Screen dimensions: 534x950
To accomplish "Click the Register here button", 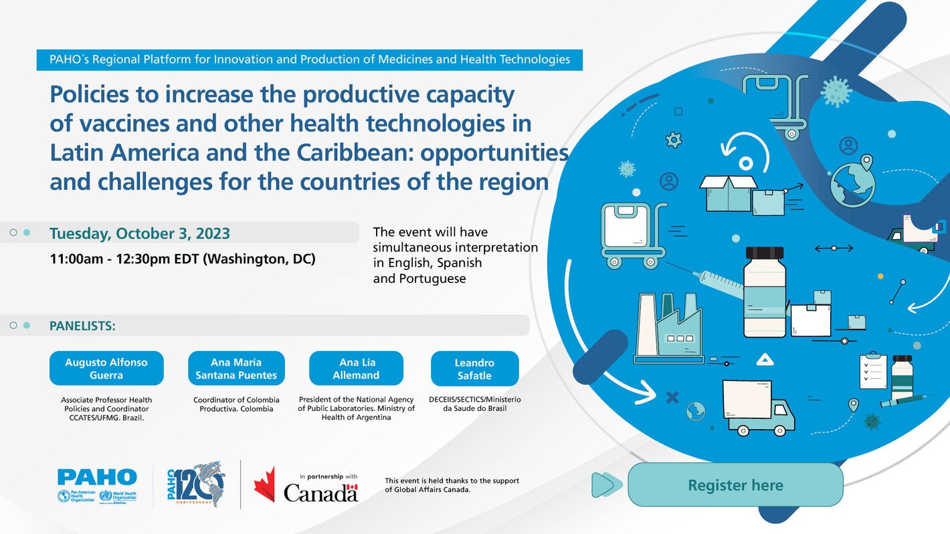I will tap(735, 485).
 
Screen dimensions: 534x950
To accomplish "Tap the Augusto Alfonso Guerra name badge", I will tap(106, 368).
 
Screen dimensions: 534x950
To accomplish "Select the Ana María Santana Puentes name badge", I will tap(236, 368).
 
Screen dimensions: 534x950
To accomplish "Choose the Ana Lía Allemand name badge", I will tap(356, 368).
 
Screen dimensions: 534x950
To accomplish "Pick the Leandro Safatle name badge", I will tap(474, 369).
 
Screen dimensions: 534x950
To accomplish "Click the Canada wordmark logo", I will tap(320, 493).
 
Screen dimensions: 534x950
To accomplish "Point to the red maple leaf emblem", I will tap(264, 485).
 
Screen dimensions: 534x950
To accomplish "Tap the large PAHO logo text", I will tap(97, 477).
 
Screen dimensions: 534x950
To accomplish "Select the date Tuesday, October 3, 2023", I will tap(140, 233).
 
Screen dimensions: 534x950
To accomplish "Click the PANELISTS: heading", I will tap(82, 325).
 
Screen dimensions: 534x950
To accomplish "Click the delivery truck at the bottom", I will tap(757, 407).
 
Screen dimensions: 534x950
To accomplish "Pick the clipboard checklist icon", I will tap(873, 372).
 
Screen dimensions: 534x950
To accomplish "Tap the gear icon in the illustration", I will tap(674, 140).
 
